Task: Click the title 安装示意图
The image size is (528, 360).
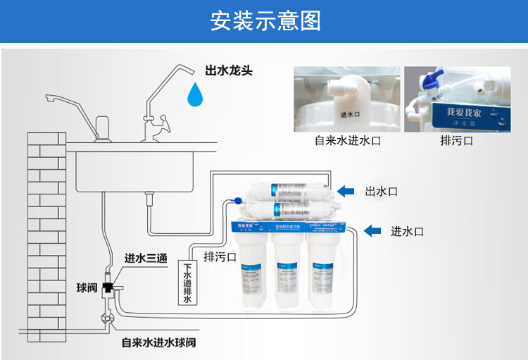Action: (265, 20)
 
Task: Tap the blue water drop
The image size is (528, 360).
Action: (196, 93)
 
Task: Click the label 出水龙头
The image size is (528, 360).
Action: (228, 70)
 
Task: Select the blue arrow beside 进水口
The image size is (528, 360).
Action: (372, 230)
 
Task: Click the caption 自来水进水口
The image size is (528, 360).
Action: (347, 141)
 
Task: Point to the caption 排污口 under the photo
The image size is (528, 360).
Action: (456, 141)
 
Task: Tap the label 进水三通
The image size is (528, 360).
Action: (146, 259)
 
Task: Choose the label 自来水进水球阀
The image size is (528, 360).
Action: (158, 342)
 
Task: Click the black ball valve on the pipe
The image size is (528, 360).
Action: (109, 287)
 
